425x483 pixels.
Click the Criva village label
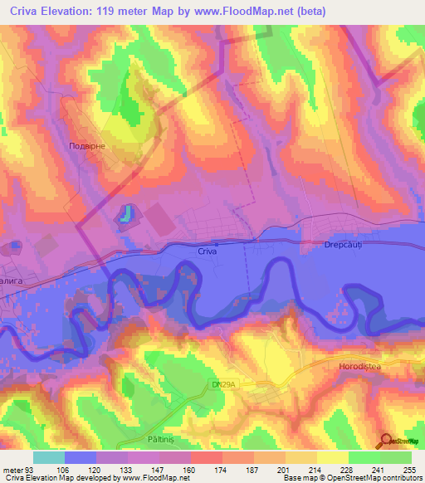point(208,250)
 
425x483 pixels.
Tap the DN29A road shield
point(219,383)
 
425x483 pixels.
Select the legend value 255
point(407,469)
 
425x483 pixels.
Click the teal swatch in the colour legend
point(49,457)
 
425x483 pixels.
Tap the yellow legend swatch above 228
point(332,457)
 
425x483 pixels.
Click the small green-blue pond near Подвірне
point(125,214)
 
